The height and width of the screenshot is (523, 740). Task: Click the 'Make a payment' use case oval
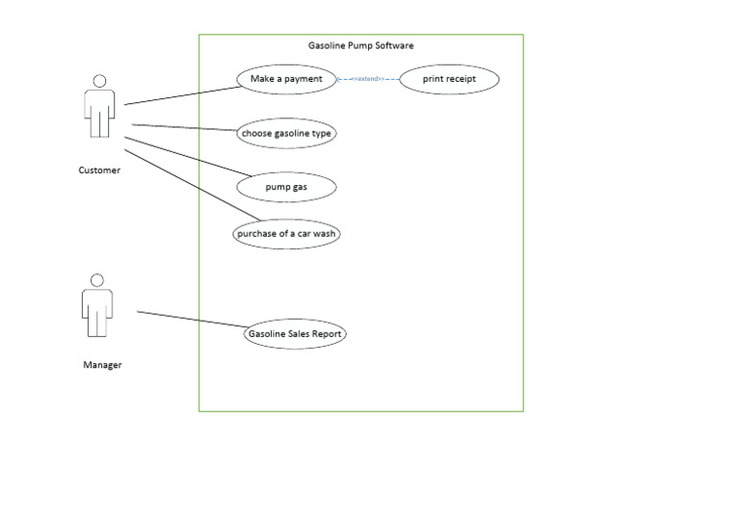tap(286, 79)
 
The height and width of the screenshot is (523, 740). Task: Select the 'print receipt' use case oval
tap(448, 79)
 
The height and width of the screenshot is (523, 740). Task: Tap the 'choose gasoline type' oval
tap(286, 133)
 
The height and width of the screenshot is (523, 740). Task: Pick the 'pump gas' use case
tap(286, 187)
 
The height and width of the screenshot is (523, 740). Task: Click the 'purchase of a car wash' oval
tap(286, 234)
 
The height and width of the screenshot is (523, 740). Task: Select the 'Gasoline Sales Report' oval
tap(294, 334)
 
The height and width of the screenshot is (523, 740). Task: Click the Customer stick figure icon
tap(98, 108)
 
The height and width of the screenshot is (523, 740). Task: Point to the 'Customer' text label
tap(99, 170)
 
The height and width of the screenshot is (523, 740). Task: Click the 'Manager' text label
tap(102, 365)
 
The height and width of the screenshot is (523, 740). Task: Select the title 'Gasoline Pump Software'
tap(360, 45)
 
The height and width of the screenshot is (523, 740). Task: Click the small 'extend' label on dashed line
tap(367, 79)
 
